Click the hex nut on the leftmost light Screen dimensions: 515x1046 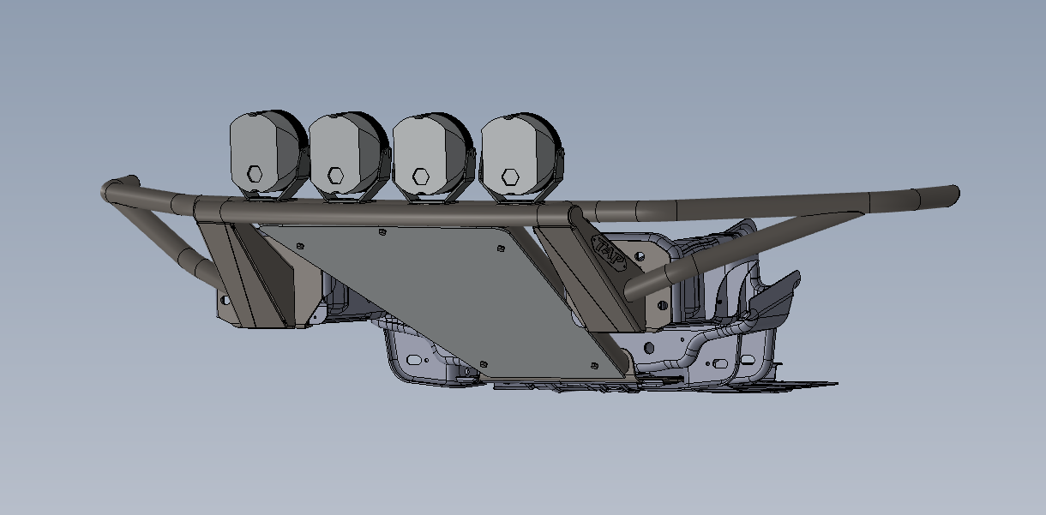tap(255, 173)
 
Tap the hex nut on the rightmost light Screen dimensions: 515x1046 tap(510, 177)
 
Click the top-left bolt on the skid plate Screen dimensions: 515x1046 tap(299, 246)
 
